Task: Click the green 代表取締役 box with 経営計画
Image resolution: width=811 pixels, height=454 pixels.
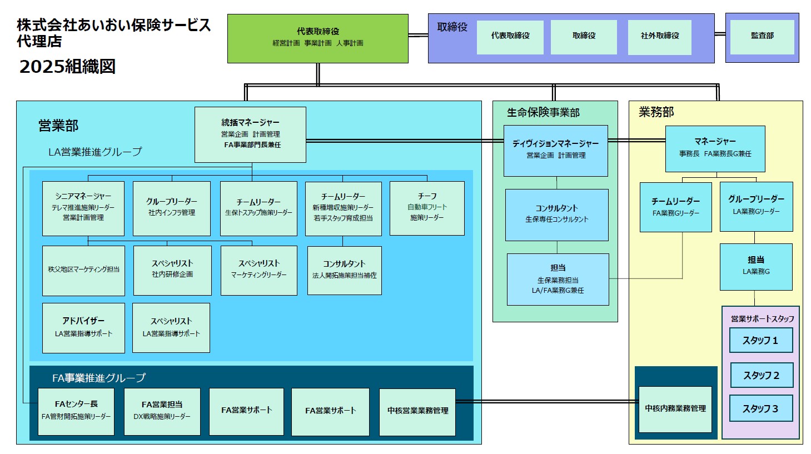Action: [x=317, y=38]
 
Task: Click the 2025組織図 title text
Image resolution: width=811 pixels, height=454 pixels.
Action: [x=67, y=67]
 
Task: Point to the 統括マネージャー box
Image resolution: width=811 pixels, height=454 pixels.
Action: [x=250, y=134]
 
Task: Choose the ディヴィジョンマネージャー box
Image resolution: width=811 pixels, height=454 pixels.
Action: [x=555, y=150]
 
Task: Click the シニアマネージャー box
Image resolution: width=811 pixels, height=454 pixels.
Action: [x=83, y=208]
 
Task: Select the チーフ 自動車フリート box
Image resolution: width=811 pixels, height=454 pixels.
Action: [x=427, y=208]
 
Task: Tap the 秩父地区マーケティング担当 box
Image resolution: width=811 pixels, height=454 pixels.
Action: [x=83, y=270]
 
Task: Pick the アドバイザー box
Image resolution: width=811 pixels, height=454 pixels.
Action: [x=83, y=327]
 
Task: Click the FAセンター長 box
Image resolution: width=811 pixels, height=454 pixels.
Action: [x=76, y=411]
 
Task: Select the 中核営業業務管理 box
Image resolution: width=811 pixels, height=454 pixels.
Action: [x=417, y=411]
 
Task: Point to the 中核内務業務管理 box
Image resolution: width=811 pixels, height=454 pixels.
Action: [x=675, y=409]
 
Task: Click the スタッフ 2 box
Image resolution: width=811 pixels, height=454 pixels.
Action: [x=761, y=376]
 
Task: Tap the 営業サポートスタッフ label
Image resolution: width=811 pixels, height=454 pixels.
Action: [x=762, y=319]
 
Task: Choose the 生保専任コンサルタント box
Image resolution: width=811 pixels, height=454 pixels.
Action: [x=556, y=214]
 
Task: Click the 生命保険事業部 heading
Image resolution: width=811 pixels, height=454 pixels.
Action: [x=543, y=113]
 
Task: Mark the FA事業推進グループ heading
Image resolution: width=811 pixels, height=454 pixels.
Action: [x=99, y=378]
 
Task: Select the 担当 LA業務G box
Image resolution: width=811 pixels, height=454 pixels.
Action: [x=756, y=266]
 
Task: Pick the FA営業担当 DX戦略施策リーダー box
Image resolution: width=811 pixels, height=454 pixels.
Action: [x=162, y=411]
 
